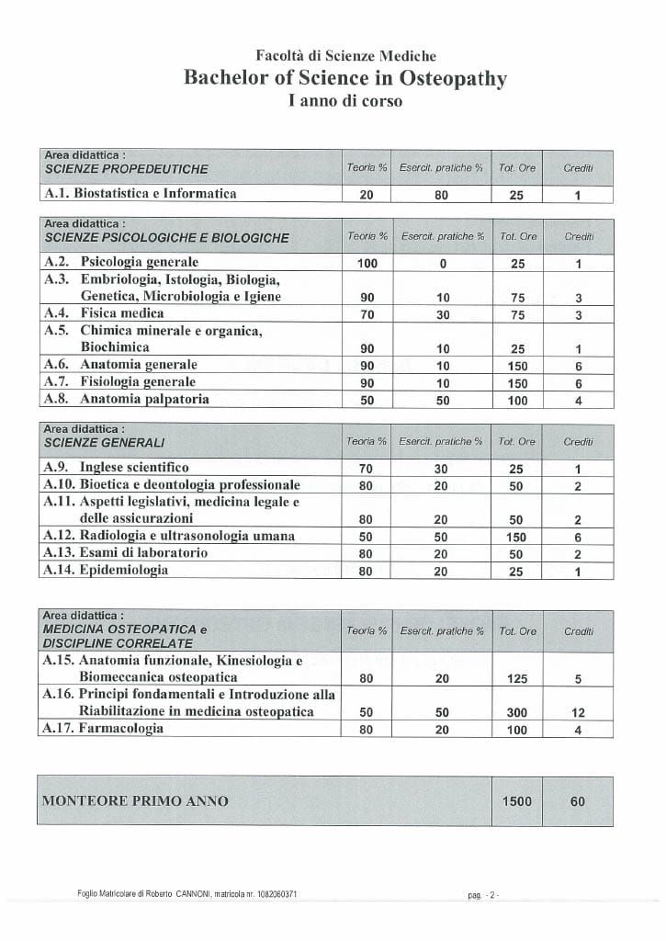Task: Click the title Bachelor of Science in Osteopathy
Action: click(x=345, y=78)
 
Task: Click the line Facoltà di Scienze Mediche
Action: click(x=345, y=56)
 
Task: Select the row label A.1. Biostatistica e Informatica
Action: click(x=141, y=194)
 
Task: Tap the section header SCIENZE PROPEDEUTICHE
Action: click(x=127, y=169)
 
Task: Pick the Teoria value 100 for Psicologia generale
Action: click(x=367, y=264)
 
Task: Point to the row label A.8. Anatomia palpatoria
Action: click(x=127, y=399)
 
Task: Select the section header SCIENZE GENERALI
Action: click(x=105, y=443)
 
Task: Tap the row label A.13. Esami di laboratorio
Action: click(x=126, y=552)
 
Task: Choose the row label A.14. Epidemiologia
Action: click(x=107, y=570)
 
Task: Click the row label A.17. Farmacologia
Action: click(x=104, y=729)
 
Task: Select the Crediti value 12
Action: click(x=578, y=712)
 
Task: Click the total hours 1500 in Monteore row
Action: click(x=517, y=801)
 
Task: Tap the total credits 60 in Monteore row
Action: click(x=578, y=801)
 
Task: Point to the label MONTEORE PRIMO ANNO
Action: click(x=135, y=801)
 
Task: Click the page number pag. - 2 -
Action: click(x=482, y=894)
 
